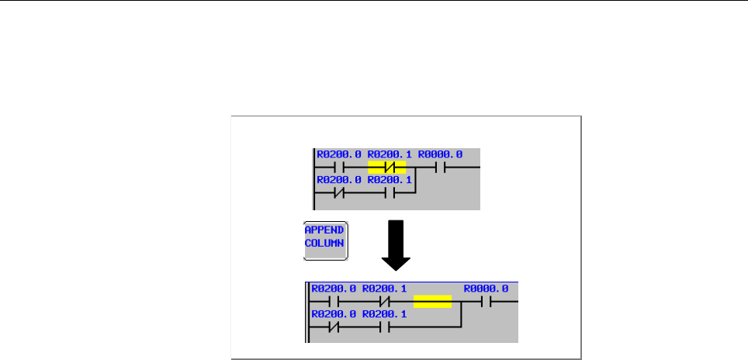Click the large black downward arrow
397,244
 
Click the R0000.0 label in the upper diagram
440,154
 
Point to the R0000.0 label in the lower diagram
486,289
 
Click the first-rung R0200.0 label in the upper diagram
338,154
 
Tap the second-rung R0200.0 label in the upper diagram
338,180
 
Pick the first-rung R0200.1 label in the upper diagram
389,154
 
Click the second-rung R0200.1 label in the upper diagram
389,180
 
